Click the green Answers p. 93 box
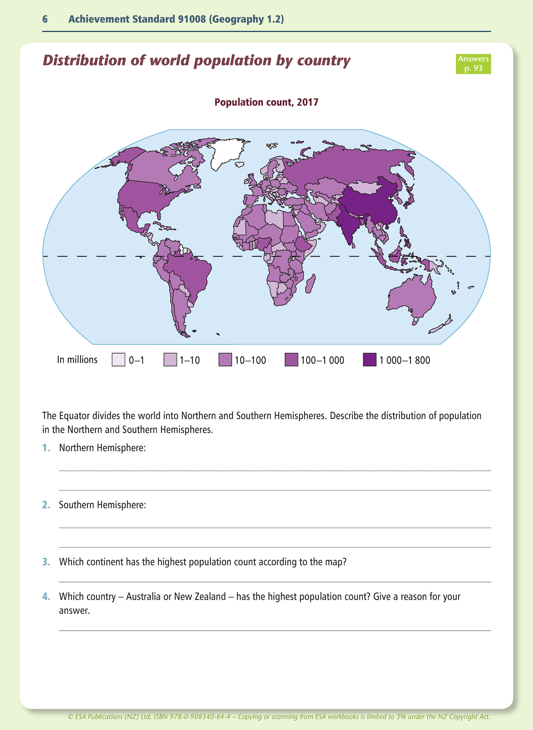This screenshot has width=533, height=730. click(x=473, y=63)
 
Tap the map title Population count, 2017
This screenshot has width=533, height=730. click(x=266, y=102)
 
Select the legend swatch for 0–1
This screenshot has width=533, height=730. click(x=118, y=360)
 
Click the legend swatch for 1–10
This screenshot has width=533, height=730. click(x=170, y=360)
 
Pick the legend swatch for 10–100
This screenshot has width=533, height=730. click(x=225, y=360)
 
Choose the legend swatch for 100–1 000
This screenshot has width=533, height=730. click(x=291, y=360)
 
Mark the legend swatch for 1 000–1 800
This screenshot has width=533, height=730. click(x=370, y=360)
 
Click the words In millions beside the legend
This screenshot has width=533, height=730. click(x=77, y=360)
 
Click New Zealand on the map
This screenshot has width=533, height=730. click(x=441, y=325)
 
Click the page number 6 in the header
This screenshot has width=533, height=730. click(x=45, y=19)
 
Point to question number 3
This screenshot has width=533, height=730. click(x=46, y=562)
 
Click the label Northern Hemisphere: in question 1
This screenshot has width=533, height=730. click(x=103, y=448)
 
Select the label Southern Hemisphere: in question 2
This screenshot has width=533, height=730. click(x=103, y=505)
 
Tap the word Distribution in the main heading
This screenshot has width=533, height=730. click(x=84, y=60)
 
